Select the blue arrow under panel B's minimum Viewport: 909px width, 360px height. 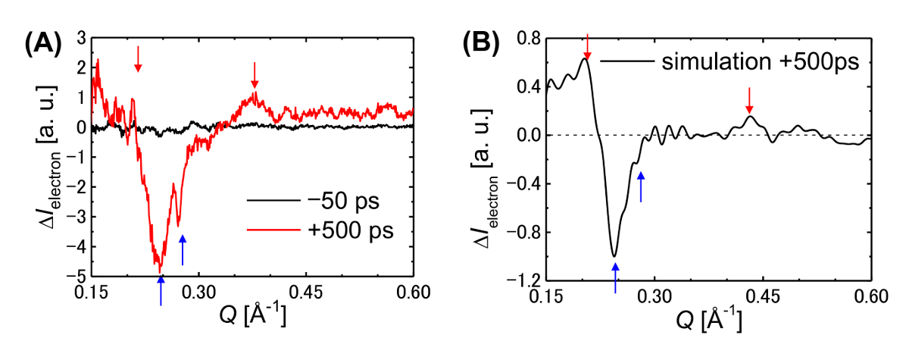tap(615, 277)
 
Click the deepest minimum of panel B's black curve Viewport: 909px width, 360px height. tap(614, 255)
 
